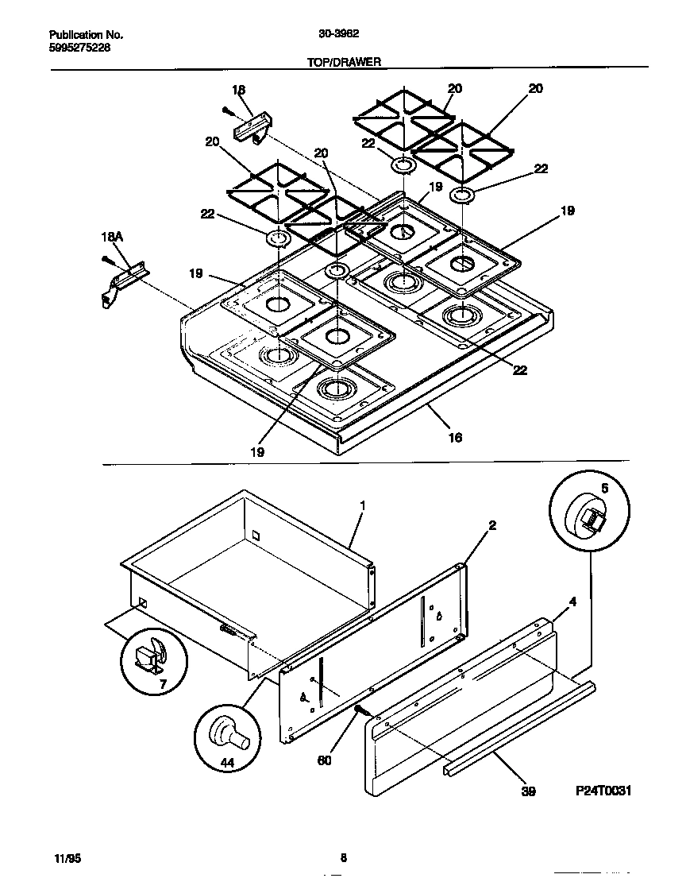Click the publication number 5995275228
[79, 48]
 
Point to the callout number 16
[455, 437]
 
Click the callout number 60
[324, 760]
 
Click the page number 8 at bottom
[343, 857]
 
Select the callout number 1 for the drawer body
[362, 505]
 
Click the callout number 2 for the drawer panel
[492, 525]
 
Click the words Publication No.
[86, 35]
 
